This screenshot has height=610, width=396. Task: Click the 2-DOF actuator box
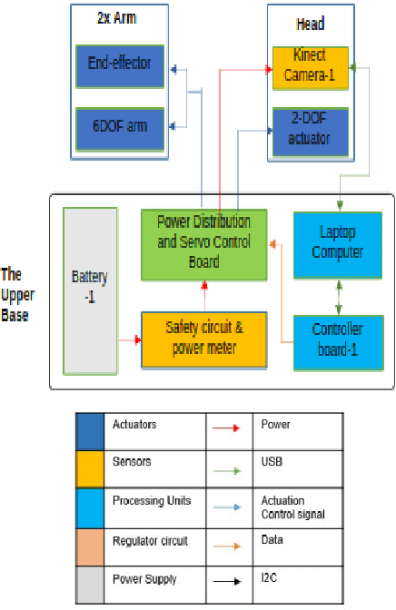(310, 132)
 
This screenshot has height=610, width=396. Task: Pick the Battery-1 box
(89, 290)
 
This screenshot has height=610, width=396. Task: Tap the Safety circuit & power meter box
(204, 339)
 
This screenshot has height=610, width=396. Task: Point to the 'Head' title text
(310, 24)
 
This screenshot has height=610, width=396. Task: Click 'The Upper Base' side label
(15, 295)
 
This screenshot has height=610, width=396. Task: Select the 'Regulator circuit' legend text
(150, 541)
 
